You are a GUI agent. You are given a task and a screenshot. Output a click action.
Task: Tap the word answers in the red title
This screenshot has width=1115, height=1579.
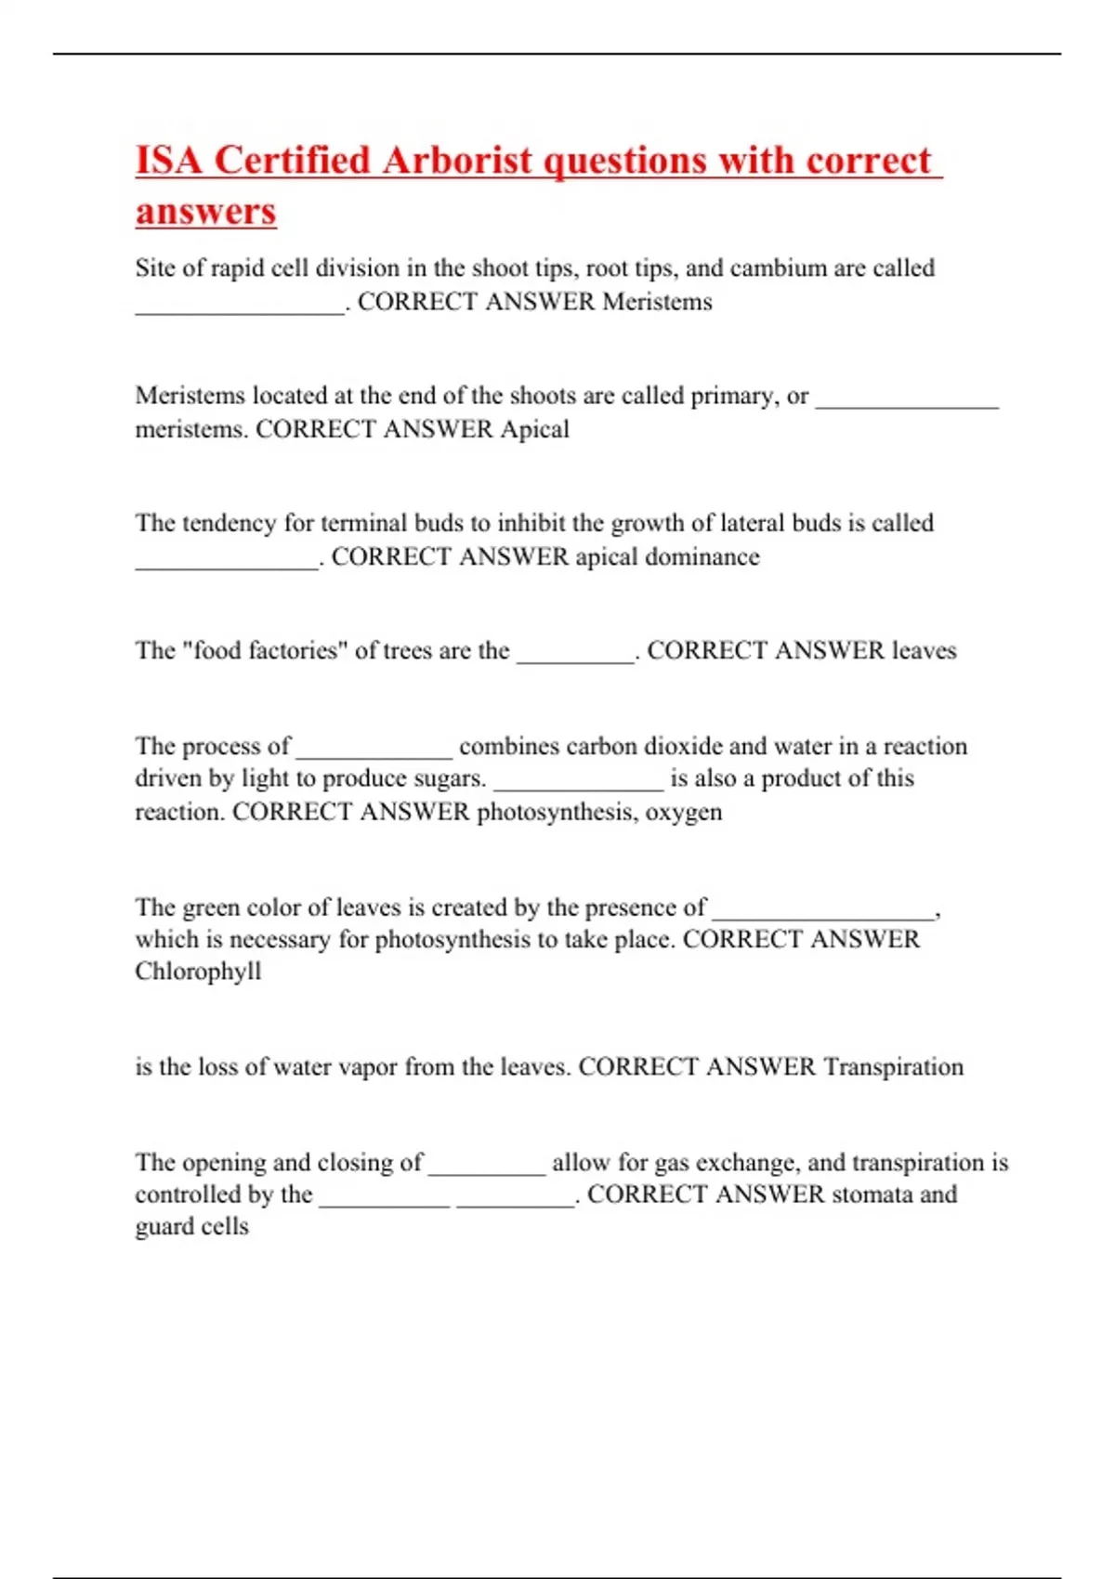205,211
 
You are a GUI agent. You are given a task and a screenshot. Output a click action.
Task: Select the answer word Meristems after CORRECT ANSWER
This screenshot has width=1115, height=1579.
657,302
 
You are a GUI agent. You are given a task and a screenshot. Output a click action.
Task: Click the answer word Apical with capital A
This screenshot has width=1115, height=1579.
534,429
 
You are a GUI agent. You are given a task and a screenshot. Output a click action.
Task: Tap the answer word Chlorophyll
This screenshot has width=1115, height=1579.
198,972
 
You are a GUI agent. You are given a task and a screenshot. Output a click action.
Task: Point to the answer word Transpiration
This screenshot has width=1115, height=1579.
893,1066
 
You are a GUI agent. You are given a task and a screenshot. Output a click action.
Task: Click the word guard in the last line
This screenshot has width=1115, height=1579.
164,1227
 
